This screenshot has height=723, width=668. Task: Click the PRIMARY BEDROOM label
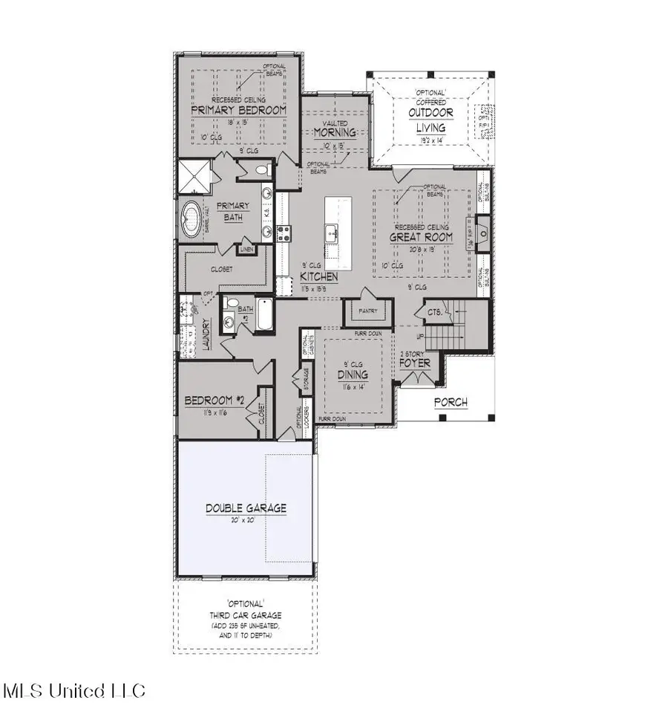coord(238,110)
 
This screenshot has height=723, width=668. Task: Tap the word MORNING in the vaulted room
coord(334,133)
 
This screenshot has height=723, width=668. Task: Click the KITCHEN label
coord(319,276)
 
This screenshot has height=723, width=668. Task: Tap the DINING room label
coord(353,375)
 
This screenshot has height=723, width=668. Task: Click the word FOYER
coord(415,364)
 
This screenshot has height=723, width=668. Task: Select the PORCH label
coord(451,402)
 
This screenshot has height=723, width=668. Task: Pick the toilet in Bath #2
coord(231,305)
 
